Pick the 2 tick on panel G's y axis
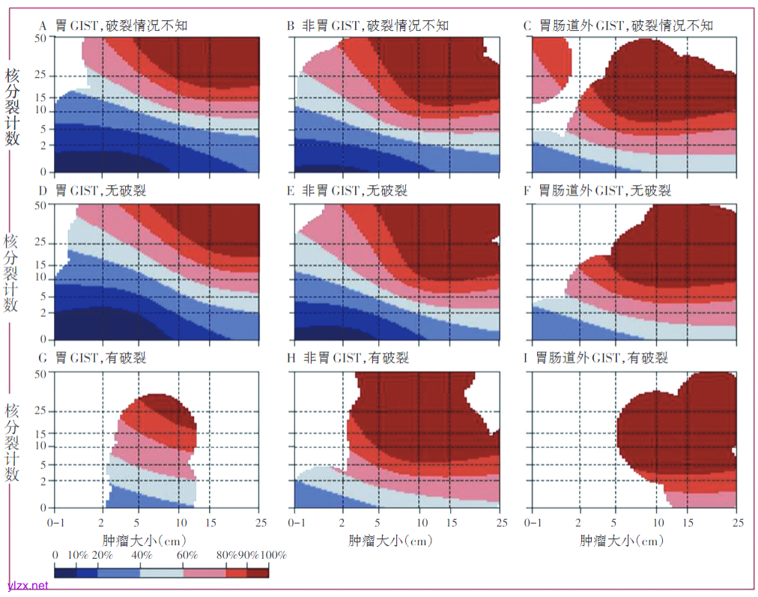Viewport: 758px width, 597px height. pos(44,480)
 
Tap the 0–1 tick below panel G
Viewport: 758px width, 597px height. pos(56,519)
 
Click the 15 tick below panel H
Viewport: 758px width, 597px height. pos(452,519)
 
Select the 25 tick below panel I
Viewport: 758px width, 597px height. pos(737,519)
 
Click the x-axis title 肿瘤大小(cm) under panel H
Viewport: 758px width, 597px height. pos(390,539)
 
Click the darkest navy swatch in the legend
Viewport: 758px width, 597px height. pos(66,573)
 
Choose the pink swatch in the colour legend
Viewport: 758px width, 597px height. pos(204,573)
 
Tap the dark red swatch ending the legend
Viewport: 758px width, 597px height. pos(258,573)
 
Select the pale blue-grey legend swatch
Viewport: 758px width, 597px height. pos(162,573)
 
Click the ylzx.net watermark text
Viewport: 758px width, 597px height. pos(28,585)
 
